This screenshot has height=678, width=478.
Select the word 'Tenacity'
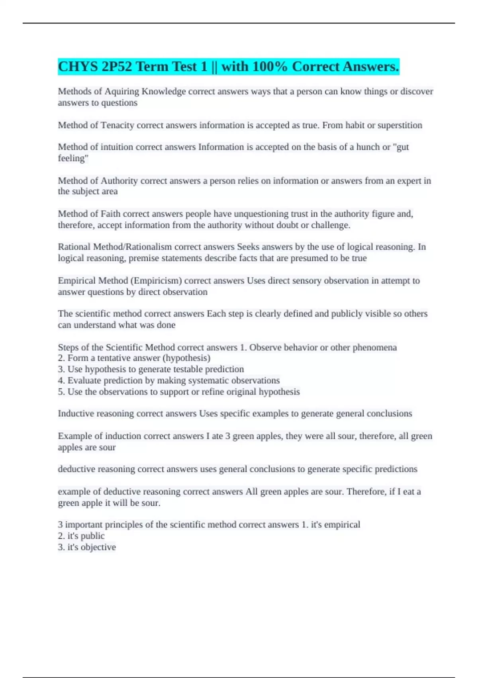pyautogui.click(x=117, y=125)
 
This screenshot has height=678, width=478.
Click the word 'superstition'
pyautogui.click(x=400, y=125)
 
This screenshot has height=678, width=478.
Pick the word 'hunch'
pyautogui.click(x=368, y=147)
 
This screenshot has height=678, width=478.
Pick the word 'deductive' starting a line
pyautogui.click(x=76, y=469)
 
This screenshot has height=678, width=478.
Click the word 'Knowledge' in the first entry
pyautogui.click(x=164, y=92)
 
